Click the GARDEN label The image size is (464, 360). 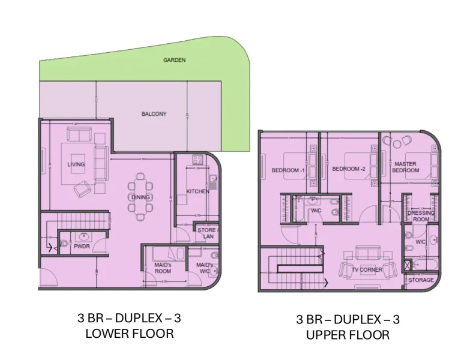(x=175, y=60)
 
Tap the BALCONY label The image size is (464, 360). (x=154, y=113)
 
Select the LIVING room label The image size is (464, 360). (x=76, y=164)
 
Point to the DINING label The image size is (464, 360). (x=140, y=197)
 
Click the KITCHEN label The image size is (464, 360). (x=197, y=191)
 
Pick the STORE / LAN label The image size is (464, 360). (x=208, y=233)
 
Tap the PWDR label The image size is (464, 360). (x=82, y=246)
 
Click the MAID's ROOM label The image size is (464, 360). (x=163, y=268)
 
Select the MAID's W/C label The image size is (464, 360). (x=205, y=268)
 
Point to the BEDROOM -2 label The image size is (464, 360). (x=349, y=169)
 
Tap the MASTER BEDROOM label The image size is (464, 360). (x=406, y=167)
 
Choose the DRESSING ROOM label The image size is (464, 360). (x=421, y=216)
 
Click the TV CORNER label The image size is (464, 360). (x=367, y=270)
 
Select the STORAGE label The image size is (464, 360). (x=421, y=280)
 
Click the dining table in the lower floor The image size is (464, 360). (x=140, y=197)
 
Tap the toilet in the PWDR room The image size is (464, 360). (x=63, y=244)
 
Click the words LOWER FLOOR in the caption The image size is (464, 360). (x=130, y=333)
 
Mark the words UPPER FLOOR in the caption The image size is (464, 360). (x=348, y=334)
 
